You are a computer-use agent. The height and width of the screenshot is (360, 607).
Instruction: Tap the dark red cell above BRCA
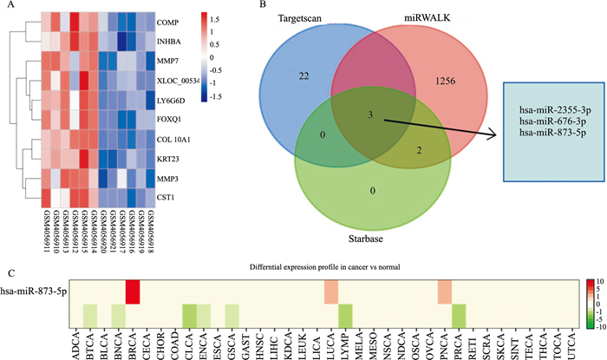[x=133, y=292]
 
